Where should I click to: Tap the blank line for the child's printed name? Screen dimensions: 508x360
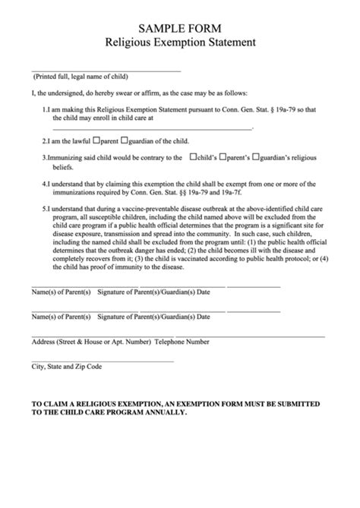(106, 71)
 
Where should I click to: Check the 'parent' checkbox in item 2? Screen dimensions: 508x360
(96, 141)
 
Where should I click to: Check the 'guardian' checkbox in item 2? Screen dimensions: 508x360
(128, 141)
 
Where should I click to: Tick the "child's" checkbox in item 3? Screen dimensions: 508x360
(192, 157)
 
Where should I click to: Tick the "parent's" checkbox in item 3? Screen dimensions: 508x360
(223, 157)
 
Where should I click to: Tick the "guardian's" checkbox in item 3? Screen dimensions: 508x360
(257, 157)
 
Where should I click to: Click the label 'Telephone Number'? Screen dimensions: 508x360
(182, 342)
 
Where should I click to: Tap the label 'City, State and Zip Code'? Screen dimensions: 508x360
(66, 366)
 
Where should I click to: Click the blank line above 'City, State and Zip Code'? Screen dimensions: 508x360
(103, 360)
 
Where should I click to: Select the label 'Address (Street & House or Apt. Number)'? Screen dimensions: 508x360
(90, 342)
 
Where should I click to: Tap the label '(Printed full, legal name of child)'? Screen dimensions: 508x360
(80, 77)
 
